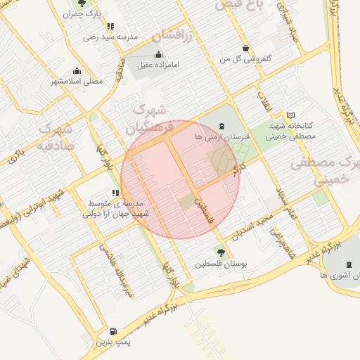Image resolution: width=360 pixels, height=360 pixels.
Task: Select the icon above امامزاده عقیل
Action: [x=157, y=55]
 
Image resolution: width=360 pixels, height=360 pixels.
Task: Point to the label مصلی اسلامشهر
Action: [x=76, y=81]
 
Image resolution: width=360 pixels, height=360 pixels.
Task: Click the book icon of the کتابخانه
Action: [x=291, y=115]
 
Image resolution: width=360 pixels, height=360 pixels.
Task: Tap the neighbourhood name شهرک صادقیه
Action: [x=54, y=138]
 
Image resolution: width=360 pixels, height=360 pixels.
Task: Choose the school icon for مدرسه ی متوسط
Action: [x=115, y=193]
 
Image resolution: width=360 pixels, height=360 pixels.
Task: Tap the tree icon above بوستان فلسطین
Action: [x=221, y=252]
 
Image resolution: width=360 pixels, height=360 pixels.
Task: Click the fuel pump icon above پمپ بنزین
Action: [x=113, y=331]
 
